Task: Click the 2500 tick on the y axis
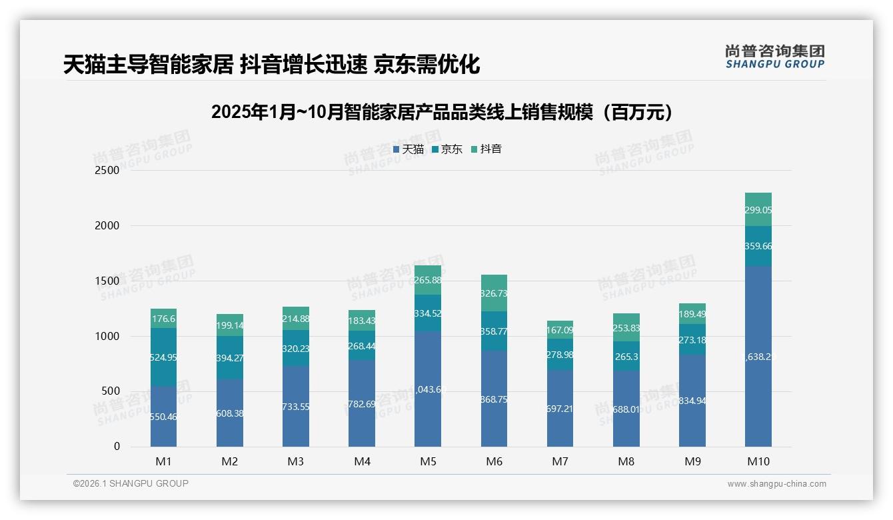107,170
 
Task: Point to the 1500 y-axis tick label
107,281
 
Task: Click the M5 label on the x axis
428,461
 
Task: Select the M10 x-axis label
758,461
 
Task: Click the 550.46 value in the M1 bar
164,417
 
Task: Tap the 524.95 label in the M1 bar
164,357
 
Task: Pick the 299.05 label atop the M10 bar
758,209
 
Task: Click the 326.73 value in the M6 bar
494,293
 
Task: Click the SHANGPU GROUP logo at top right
774,57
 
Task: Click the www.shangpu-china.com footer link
776,484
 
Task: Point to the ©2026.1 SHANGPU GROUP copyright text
131,483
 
